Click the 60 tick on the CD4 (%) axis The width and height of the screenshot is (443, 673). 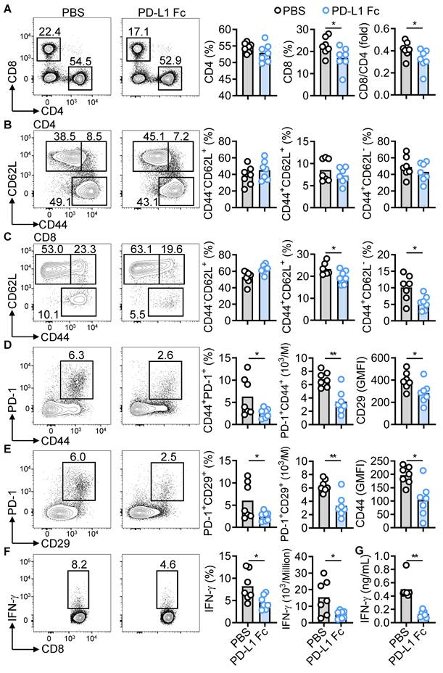point(227,28)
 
